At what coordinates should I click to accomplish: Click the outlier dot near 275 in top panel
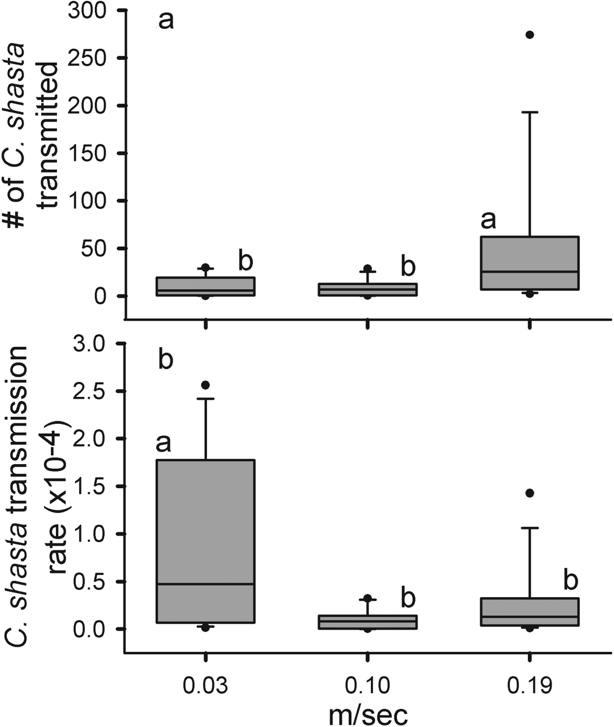point(530,35)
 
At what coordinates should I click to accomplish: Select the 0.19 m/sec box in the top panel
point(530,263)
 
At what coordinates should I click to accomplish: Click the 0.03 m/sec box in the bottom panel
point(206,541)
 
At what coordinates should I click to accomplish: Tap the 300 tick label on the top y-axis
point(87,11)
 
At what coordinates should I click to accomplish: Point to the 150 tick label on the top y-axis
point(87,153)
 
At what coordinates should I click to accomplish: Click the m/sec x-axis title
point(368,714)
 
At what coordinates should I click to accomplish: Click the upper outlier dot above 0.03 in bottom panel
point(205,385)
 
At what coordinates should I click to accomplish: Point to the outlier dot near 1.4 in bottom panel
point(530,493)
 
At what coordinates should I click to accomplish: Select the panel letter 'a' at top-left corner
point(166,21)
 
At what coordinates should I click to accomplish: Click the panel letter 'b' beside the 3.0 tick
point(165,360)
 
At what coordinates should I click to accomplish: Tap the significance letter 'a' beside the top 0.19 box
point(488,220)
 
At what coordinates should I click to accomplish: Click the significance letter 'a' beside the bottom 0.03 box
point(163,443)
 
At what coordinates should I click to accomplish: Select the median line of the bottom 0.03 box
point(206,584)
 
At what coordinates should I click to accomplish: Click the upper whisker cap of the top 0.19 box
point(530,112)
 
